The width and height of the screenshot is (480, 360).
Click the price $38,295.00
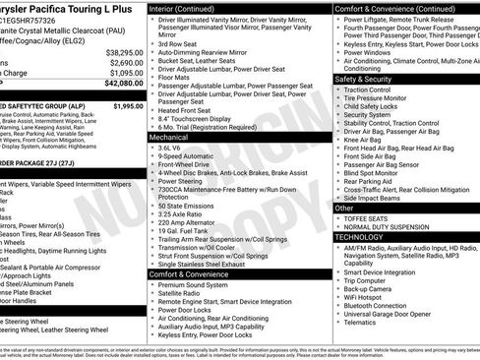pyautogui.click(x=124, y=51)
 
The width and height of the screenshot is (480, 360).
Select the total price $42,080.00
pyautogui.click(x=124, y=83)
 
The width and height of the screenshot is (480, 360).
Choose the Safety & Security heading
pyautogui.click(x=364, y=79)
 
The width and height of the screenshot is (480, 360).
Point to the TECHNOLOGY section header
pyautogui.click(x=361, y=237)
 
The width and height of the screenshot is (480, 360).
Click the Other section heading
pyautogui.click(x=344, y=209)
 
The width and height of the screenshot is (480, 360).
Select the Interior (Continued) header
pyautogui.click(x=189, y=8)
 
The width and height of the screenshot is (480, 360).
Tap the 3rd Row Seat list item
pyautogui.click(x=178, y=44)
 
